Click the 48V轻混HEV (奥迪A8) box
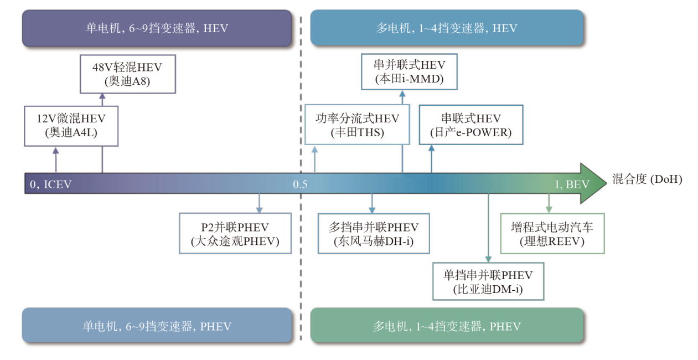pos(128,74)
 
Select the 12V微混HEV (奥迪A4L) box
pos(71,126)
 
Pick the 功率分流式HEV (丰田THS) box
pos(357,125)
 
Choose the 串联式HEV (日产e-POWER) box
pos(470,125)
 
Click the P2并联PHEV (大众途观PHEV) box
pos(235,234)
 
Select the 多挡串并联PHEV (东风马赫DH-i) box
pos(374,234)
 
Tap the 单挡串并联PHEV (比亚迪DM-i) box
pos(488,281)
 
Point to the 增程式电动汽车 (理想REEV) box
pos(552,234)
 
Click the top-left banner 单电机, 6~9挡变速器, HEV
pos(157,28)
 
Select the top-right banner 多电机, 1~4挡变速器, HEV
pos(447,28)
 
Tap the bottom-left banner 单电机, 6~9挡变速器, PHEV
pos(157,326)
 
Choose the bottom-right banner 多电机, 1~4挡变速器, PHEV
pos(447,326)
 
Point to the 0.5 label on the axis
pos(299,184)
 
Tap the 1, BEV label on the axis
pos(572,184)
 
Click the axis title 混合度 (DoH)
pos(647,179)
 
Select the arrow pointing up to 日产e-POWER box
pos(432,159)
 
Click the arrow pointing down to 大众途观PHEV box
pos(259,204)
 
